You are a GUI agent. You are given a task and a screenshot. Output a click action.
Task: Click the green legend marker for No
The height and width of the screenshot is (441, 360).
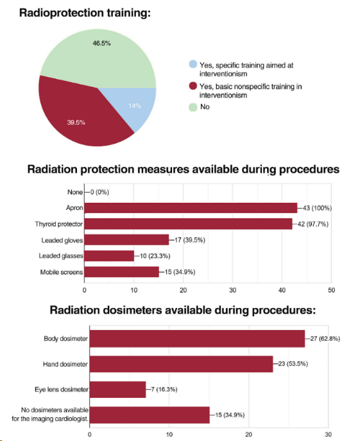pyautogui.click(x=193, y=107)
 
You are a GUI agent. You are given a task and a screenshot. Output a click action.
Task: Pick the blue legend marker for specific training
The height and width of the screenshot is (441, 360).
pyautogui.click(x=193, y=65)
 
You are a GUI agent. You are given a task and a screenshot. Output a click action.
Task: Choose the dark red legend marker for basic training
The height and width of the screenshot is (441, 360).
pyautogui.click(x=193, y=86)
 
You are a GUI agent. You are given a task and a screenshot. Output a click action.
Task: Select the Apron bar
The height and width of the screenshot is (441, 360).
pyautogui.click(x=191, y=208)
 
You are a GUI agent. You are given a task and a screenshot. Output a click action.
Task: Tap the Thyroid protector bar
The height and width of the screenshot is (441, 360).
pyautogui.click(x=188, y=224)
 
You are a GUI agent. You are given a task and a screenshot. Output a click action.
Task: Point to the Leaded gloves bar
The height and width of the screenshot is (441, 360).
pyautogui.click(x=126, y=240)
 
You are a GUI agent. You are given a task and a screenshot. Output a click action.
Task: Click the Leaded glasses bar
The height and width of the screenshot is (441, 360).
pyautogui.click(x=109, y=255)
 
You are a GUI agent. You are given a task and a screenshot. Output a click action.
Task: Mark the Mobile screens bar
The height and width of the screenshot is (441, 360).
pyautogui.click(x=121, y=272)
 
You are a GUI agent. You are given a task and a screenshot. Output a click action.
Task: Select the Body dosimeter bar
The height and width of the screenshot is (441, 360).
pyautogui.click(x=196, y=338)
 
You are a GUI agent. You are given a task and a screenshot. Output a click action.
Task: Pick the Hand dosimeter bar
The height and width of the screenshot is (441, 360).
pyautogui.click(x=181, y=364)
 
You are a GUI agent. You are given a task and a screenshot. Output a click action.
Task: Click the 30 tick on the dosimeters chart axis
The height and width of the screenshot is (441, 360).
pyautogui.click(x=328, y=434)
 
